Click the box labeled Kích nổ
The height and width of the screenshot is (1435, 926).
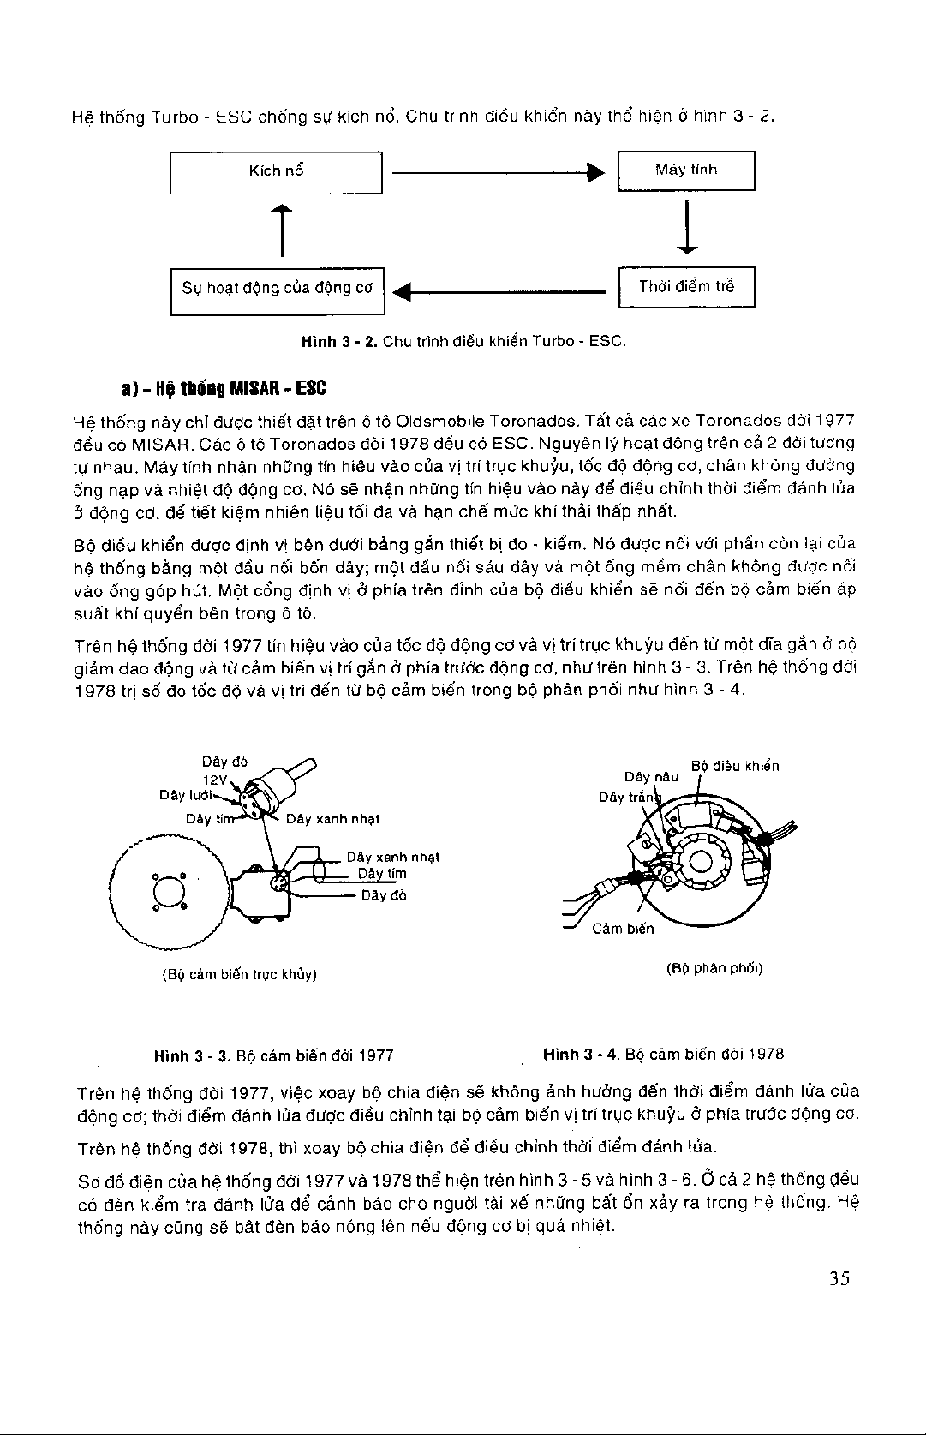pos(276,171)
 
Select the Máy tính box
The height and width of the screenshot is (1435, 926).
pos(686,170)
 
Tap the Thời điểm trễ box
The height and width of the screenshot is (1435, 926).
pos(686,286)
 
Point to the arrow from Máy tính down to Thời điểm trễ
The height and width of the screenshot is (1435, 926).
pos(687,228)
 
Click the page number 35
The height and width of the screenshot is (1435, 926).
pos(839,1279)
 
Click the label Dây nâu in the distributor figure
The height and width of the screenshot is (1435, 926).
pos(651,777)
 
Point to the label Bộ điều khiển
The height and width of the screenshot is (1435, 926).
pos(735,766)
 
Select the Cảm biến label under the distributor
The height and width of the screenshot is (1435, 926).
pos(623,929)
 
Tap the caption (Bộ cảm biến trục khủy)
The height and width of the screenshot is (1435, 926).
pos(240,974)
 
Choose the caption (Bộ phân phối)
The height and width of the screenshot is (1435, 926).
pos(714,969)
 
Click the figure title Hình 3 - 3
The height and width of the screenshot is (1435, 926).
pos(274,1055)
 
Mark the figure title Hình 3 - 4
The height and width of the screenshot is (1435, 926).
pos(663,1054)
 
